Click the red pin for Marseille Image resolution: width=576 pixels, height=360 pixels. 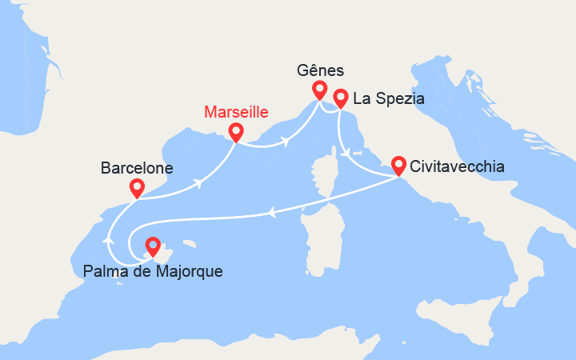pos(236,131)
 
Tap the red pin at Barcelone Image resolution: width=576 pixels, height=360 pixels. pos(137,188)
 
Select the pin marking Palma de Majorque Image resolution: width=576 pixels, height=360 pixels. pos(152,246)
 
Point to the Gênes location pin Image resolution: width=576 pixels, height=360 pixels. pos(319,89)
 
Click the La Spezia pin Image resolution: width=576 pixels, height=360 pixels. pos(340,98)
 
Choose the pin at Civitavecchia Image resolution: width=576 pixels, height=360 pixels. pos(398,165)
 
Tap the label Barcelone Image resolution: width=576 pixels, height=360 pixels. pos(137,168)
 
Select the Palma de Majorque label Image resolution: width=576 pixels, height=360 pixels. pos(153,271)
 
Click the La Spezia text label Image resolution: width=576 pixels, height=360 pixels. pos(388,99)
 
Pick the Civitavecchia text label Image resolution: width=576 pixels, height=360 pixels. pos(457,167)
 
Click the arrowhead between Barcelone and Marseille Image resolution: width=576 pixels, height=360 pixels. pos(196,183)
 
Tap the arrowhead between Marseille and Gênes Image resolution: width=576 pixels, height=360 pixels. pos(285,142)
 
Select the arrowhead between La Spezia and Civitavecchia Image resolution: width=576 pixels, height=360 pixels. pos(344,152)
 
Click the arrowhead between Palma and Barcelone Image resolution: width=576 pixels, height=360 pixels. pos(109,240)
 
